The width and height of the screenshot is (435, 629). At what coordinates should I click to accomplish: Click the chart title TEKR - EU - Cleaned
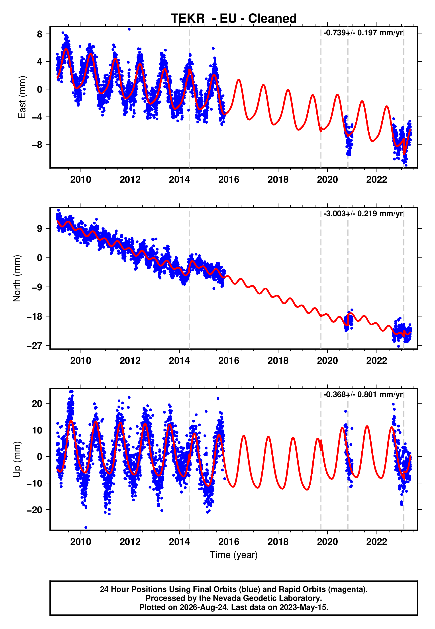tap(234, 19)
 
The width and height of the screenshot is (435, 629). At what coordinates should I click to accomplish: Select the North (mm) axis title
tap(17, 278)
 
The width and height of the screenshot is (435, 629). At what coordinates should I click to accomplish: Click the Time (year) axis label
tap(234, 555)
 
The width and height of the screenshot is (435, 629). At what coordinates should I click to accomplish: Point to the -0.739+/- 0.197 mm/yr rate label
tap(363, 33)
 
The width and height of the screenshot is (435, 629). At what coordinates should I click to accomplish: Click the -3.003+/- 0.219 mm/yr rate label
tap(363, 214)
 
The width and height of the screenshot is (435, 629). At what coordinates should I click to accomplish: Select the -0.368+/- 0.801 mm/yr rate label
tap(363, 395)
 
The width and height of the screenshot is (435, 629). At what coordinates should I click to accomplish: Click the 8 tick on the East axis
tap(40, 34)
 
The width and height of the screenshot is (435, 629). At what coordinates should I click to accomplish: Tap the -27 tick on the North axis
tap(35, 346)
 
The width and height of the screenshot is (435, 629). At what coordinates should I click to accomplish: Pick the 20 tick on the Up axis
tap(37, 404)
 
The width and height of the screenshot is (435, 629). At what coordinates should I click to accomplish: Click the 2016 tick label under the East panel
tap(229, 180)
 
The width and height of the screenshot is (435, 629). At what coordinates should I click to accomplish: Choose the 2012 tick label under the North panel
tap(130, 361)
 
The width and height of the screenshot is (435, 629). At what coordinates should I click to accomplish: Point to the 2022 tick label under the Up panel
tap(377, 542)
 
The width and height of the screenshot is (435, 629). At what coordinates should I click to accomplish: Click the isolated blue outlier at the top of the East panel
tap(129, 29)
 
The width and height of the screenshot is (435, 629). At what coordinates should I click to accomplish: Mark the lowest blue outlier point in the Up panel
tap(86, 528)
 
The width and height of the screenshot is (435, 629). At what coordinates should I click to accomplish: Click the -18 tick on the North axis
tap(35, 316)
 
